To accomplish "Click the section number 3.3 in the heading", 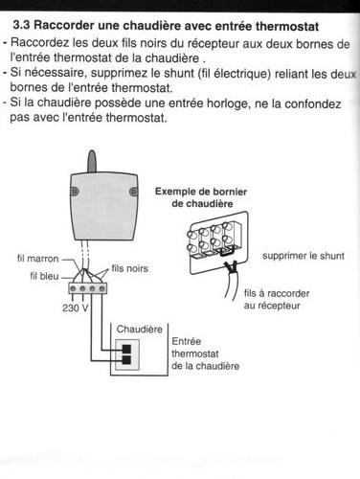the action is pos(22,25).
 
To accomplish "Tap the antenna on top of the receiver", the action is pos(92,162).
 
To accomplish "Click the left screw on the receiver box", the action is pos(75,191).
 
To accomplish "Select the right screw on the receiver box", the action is pos(134,192).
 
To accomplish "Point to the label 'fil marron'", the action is pos(38,259).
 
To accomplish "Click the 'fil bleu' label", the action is pos(44,276).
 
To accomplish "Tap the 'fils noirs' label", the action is pos(130,268).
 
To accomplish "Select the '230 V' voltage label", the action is pos(76,308).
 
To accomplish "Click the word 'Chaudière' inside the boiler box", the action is pos(140,329).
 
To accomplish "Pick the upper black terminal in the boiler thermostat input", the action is pos(126,349).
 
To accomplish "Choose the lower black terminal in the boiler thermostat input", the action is pos(126,360).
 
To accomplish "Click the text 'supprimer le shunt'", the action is pos(304,256).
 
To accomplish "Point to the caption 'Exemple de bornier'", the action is pos(201,192).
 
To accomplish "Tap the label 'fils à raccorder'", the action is pos(277,293).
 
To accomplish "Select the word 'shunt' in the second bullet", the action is pos(179,73).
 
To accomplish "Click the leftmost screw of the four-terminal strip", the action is pos(73,288).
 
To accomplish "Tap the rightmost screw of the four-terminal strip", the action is pos(101,288).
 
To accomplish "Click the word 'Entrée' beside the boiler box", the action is pos(187,341).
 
